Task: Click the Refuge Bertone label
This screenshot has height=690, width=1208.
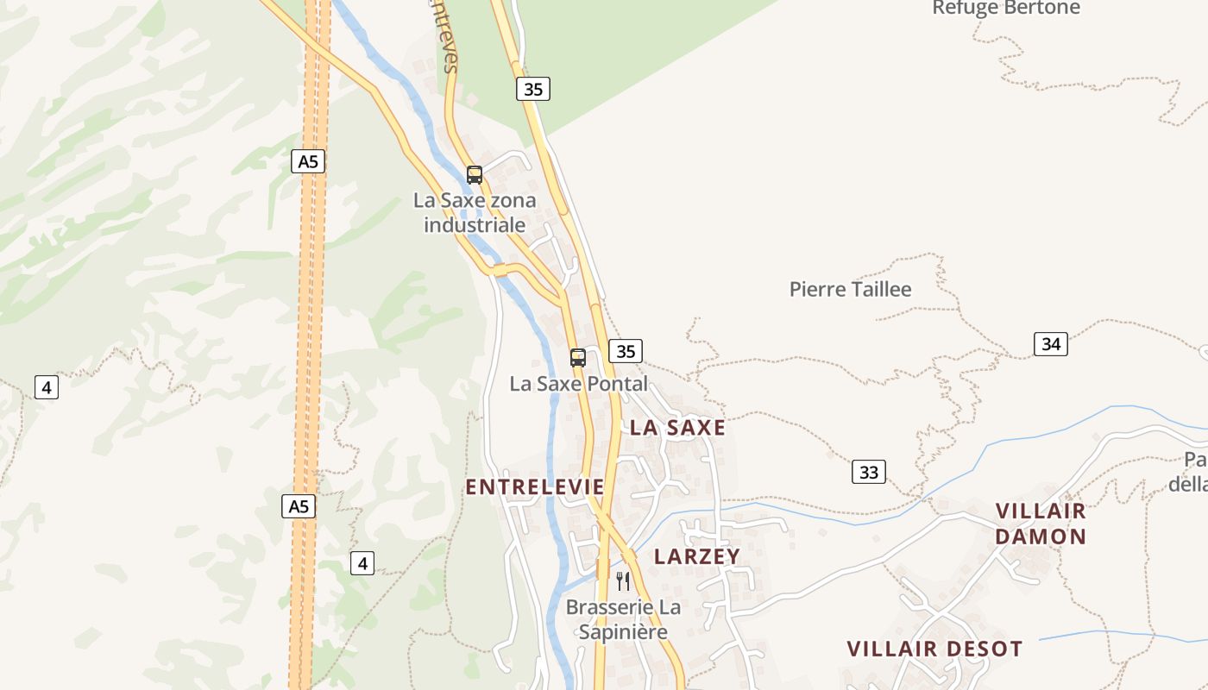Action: [1006, 8]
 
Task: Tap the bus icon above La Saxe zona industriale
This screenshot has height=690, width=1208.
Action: [475, 175]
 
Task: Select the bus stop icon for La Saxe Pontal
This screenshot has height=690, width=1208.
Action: [578, 357]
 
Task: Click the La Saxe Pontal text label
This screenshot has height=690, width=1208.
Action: [578, 384]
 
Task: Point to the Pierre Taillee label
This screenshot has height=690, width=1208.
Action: [850, 290]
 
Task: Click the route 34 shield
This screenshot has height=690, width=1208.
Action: [1050, 344]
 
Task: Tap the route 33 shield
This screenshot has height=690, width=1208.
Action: [869, 472]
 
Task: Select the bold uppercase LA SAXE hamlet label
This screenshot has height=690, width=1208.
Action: [677, 428]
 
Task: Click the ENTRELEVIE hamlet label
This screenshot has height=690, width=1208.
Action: [535, 487]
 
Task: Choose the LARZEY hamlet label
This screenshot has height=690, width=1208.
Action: [697, 556]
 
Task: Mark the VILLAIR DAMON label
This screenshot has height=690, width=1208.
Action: [1041, 524]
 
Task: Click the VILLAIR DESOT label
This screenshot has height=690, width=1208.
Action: [934, 649]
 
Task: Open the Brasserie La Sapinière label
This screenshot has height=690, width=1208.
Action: [623, 619]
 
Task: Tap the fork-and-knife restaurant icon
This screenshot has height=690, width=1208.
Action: [623, 581]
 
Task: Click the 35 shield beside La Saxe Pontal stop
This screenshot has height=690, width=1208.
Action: [626, 351]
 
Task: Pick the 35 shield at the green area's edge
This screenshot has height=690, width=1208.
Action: [533, 89]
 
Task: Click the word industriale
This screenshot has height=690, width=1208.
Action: [475, 225]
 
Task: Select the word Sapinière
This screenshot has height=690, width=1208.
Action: [623, 632]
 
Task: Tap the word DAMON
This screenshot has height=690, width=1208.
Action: [1041, 536]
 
